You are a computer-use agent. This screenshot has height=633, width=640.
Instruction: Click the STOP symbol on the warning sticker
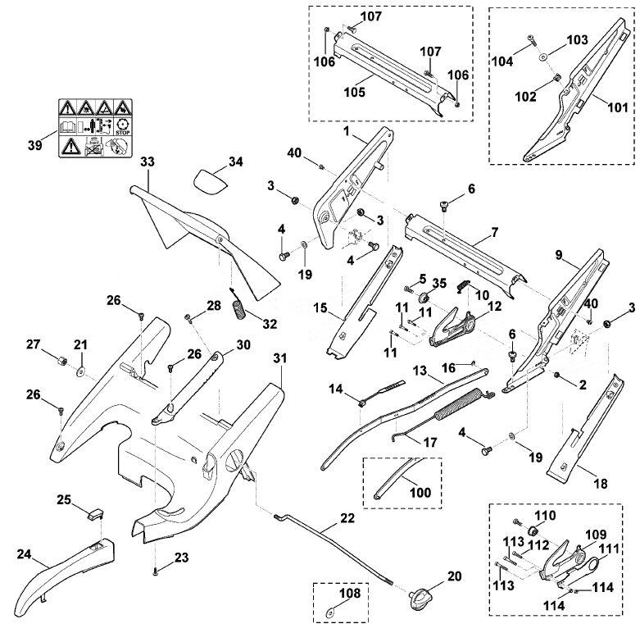122,127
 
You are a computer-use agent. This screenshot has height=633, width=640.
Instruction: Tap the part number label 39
35,145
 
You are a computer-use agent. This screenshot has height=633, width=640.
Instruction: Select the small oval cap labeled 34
209,183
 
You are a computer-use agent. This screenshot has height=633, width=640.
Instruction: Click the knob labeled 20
416,597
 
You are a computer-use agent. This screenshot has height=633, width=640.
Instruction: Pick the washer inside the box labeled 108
329,613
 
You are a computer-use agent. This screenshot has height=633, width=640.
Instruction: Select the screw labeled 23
155,572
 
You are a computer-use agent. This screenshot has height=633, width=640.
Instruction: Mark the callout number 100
420,492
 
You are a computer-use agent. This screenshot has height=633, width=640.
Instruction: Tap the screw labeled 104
532,41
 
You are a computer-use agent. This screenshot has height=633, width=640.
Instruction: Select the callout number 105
354,92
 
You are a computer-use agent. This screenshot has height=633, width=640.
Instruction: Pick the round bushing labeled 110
533,531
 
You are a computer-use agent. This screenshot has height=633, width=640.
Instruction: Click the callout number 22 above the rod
347,518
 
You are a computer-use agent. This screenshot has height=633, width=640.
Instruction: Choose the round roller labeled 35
423,296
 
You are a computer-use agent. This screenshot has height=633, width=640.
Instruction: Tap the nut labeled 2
556,375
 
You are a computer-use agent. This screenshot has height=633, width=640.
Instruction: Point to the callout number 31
280,358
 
